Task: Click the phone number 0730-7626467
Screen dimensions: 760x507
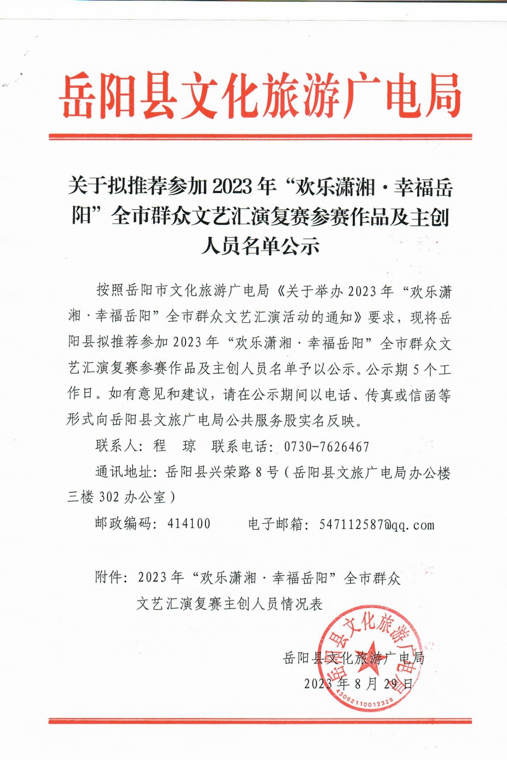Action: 327,447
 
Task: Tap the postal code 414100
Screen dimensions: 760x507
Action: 189,524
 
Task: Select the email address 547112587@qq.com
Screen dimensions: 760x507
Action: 377,525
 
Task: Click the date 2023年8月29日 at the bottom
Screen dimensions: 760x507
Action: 358,684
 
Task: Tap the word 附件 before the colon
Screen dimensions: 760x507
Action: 109,578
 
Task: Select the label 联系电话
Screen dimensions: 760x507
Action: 240,446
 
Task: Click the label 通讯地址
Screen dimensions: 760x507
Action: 124,472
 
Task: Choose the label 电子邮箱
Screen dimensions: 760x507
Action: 276,524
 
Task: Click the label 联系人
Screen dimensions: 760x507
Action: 116,446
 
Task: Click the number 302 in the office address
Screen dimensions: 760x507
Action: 109,498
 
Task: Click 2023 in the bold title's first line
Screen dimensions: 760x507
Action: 231,187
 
